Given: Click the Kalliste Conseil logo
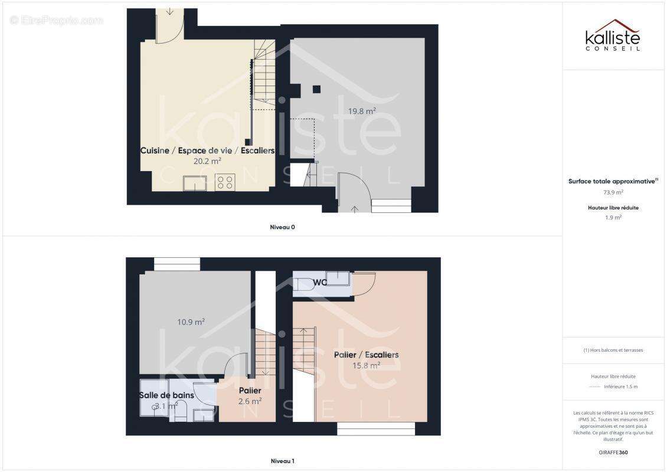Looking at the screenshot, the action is tap(613, 35).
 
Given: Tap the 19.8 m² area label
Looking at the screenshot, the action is tap(362, 111).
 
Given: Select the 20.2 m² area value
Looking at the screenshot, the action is tap(207, 161).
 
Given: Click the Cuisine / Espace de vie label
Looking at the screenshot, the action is tap(187, 150).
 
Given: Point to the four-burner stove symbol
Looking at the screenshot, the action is tap(225, 182).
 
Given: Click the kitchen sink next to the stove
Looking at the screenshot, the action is tap(195, 183).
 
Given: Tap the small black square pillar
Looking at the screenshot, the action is tap(316, 89).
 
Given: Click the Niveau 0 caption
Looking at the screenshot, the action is tap(283, 227).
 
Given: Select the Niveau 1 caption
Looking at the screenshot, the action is tap(283, 461).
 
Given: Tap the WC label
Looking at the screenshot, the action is tap(319, 283).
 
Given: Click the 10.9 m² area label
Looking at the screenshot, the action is tap(191, 322).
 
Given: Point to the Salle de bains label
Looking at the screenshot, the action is tap(166, 395).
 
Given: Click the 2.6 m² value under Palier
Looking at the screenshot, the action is tap(250, 401).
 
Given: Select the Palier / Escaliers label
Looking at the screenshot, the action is tap(366, 355).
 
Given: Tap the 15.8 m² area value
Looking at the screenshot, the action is tap(366, 365).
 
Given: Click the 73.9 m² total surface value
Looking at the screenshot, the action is tap(613, 192).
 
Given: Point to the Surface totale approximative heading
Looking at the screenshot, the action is tap(613, 181).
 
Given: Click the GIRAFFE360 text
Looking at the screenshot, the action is tap(613, 453).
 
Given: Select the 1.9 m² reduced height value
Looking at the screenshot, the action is tap(613, 217).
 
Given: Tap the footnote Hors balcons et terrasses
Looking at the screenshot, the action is tap(613, 350).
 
